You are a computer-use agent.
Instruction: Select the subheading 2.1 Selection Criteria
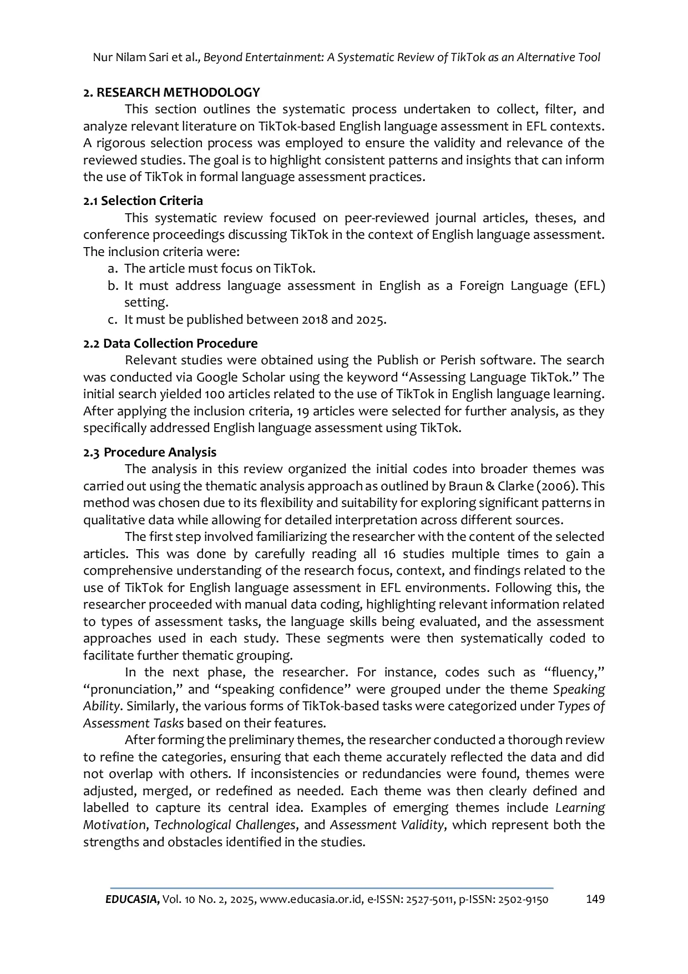(x=143, y=200)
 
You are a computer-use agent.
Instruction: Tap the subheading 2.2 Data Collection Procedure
(x=170, y=343)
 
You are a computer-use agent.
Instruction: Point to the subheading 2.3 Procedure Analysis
(x=150, y=452)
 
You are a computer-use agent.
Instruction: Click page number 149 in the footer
(x=595, y=899)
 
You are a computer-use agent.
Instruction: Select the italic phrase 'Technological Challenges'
(x=224, y=825)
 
